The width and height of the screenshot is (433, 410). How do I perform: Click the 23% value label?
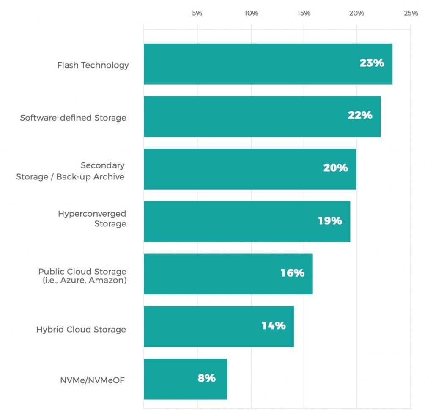click(372, 63)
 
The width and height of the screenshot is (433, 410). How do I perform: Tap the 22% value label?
click(360, 116)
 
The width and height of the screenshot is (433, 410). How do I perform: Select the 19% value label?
click(330, 220)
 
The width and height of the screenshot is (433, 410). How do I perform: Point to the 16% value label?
click(292, 273)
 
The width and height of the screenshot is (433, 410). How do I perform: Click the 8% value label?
click(206, 378)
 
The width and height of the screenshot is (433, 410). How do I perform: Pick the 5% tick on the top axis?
click(197, 13)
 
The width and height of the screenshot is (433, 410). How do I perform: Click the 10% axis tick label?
click(251, 13)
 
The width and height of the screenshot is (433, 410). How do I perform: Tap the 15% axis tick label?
click(304, 13)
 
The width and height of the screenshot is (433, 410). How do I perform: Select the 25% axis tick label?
click(411, 13)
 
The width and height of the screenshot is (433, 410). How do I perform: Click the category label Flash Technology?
click(93, 65)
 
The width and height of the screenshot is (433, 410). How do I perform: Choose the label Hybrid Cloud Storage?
click(81, 329)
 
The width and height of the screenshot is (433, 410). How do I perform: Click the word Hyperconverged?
click(92, 214)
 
